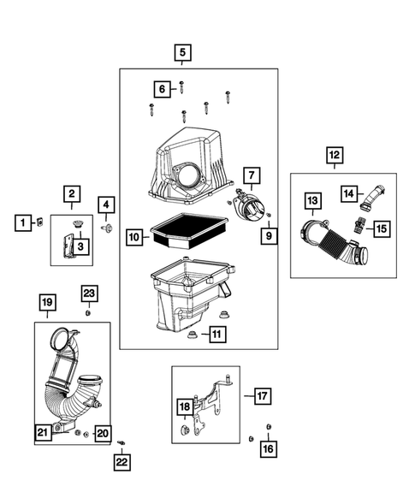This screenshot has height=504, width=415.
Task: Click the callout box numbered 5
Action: (182, 52)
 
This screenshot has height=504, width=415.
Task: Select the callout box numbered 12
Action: (335, 155)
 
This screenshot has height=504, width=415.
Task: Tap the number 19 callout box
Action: (48, 302)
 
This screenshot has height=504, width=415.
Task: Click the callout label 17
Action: (263, 396)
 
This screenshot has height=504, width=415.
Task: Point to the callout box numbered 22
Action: (122, 462)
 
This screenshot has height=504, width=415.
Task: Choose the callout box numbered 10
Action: (134, 237)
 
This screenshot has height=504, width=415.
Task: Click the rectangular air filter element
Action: (189, 231)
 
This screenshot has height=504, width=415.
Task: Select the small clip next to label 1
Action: (40, 222)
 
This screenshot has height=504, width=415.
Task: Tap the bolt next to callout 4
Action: (107, 228)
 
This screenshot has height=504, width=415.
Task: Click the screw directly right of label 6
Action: (182, 86)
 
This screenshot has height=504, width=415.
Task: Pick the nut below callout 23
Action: (87, 313)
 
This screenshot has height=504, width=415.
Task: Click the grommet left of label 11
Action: (193, 335)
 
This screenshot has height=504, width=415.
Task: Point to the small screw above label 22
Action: (122, 443)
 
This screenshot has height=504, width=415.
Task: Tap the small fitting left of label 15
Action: (359, 226)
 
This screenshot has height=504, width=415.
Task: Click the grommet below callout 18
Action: (185, 430)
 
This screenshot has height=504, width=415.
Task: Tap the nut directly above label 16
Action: (269, 427)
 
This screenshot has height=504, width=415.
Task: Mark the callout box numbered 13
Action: (312, 201)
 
